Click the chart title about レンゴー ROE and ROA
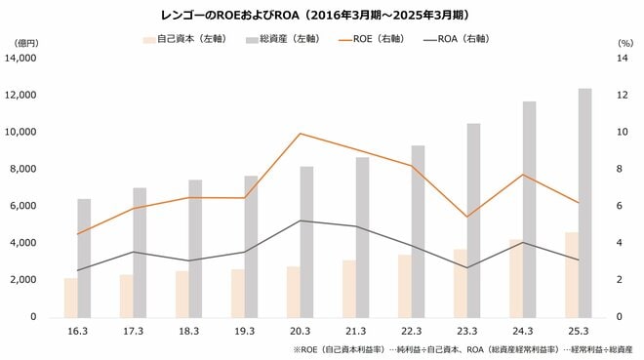pos(322,16)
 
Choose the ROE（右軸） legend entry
pos(376,40)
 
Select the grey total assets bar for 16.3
pos(84,258)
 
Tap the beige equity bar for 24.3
pos(516,278)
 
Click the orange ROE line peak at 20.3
pos(301,134)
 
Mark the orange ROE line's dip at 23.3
pos(467,217)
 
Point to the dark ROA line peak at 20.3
pos(301,220)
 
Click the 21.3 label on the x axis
pos(356,332)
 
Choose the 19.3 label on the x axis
pos(245,332)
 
